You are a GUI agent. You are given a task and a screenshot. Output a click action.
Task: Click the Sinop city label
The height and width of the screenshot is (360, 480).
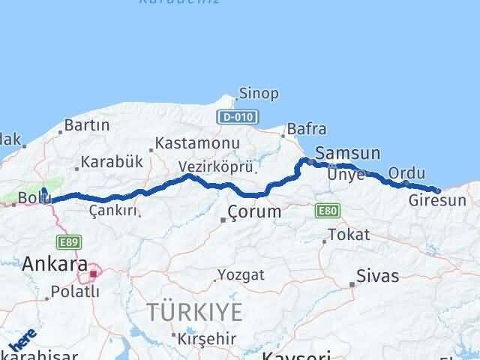259,94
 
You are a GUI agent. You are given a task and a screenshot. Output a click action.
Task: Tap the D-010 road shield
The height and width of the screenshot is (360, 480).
238,117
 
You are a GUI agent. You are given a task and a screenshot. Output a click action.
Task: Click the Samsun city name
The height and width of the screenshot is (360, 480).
348,152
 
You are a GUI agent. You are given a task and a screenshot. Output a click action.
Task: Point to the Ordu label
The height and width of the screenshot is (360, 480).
406,173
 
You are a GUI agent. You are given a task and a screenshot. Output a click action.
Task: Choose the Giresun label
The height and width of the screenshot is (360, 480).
438,200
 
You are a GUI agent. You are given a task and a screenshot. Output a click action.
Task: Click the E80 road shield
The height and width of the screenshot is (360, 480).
327,211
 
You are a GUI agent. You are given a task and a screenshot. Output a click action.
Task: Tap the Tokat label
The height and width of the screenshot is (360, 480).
349,235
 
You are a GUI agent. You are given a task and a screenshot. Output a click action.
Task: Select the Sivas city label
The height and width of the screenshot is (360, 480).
378,275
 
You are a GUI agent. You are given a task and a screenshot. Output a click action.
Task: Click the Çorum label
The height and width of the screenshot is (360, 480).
256,211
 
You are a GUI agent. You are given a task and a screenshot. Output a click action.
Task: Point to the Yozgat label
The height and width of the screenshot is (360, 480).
241,274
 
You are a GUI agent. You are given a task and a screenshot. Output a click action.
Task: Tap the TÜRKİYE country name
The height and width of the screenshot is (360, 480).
194,310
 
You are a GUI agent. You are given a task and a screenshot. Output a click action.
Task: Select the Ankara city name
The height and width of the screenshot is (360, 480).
54,263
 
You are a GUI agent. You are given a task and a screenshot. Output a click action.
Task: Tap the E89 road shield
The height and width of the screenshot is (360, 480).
67,242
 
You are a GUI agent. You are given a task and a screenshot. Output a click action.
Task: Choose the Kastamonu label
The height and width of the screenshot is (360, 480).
198,142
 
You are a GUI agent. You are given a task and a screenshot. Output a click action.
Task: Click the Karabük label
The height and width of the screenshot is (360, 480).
112,162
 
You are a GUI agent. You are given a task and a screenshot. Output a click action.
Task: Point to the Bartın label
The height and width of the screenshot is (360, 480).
87,125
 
